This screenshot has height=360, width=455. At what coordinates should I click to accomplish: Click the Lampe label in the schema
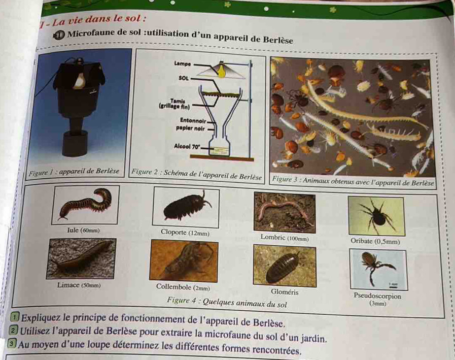coord(183,63)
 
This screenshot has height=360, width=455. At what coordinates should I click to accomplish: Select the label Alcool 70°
coord(187,146)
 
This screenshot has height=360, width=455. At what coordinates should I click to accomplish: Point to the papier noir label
coord(190,128)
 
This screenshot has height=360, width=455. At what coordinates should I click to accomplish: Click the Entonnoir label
coord(193,120)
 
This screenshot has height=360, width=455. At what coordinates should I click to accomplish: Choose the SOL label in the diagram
coord(184,78)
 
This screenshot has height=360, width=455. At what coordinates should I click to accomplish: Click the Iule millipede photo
coord(86,205)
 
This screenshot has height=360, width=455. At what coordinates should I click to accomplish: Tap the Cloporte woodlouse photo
coord(186,207)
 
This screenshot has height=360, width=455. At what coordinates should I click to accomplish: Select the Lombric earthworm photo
coord(285,212)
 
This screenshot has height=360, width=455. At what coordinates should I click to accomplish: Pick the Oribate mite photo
coord(376,216)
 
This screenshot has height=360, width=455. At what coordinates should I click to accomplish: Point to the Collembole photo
coord(184,260)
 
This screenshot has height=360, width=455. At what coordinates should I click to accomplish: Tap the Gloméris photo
coord(285,266)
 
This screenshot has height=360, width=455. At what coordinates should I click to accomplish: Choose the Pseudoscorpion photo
coord(379,269)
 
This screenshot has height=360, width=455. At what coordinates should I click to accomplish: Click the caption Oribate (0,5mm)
coord(375,241)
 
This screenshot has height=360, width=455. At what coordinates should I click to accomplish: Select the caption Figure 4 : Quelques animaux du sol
coord(227,302)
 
